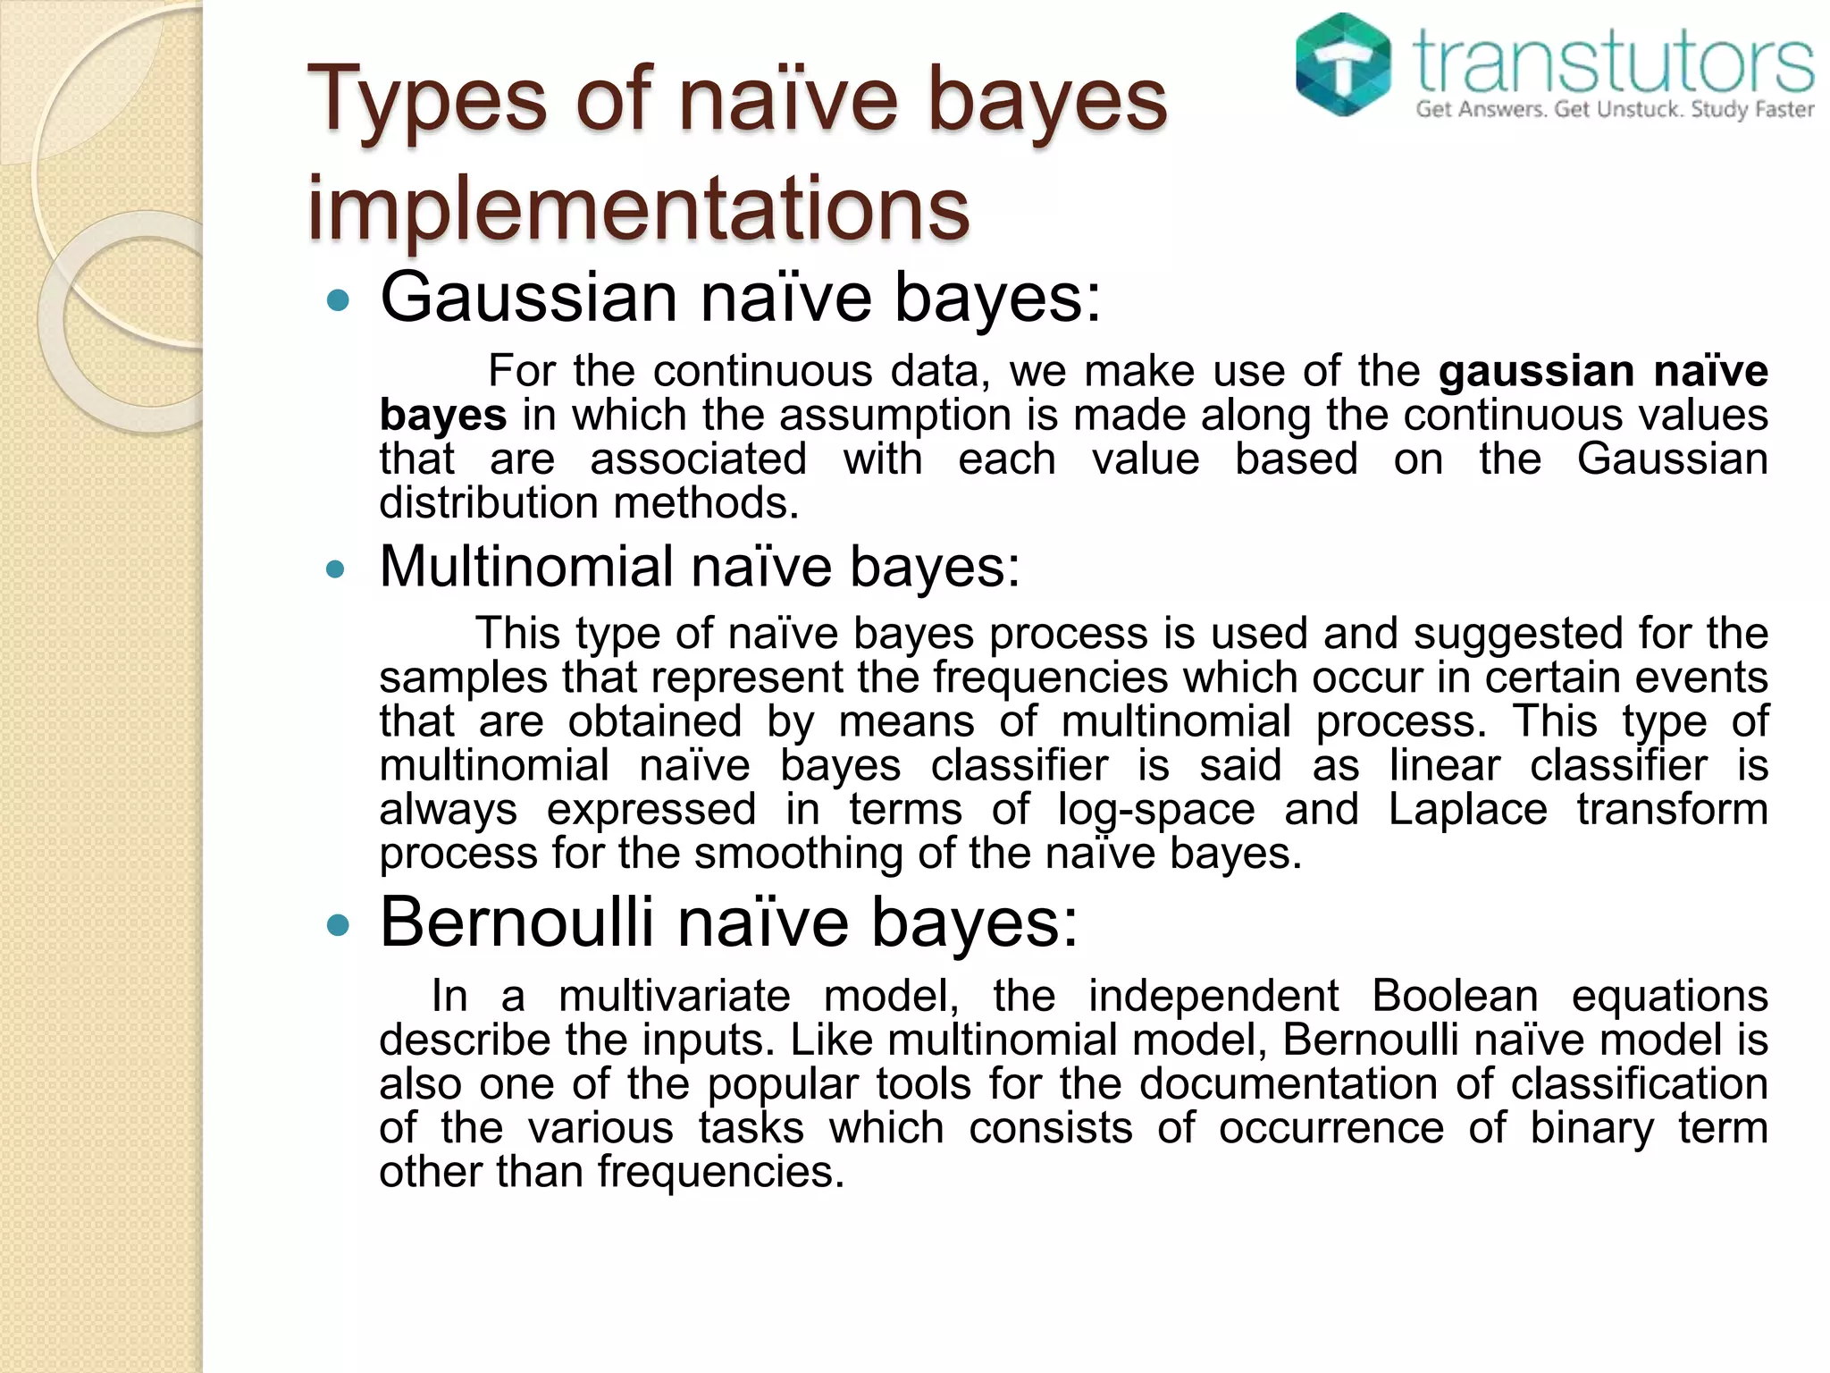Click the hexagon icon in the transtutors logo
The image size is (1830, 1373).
pos(1343,64)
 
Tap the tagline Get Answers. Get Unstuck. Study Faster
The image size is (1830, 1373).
pos(1614,110)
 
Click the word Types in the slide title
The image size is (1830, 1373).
pos(427,100)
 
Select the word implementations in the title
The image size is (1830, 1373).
pos(638,207)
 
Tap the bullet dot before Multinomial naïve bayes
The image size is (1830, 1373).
pos(335,569)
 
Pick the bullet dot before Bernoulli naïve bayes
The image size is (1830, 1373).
pos(337,925)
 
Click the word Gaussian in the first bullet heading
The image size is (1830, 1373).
pos(529,298)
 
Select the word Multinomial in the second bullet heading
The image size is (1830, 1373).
pos(526,567)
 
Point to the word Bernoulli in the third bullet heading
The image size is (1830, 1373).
pos(516,922)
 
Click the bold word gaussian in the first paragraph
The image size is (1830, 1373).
pos(1535,371)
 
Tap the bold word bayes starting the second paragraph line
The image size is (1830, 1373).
pos(442,416)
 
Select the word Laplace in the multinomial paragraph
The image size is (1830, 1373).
pos(1467,810)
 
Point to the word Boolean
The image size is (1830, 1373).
pos(1455,996)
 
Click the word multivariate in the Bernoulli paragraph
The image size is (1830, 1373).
pos(675,996)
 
